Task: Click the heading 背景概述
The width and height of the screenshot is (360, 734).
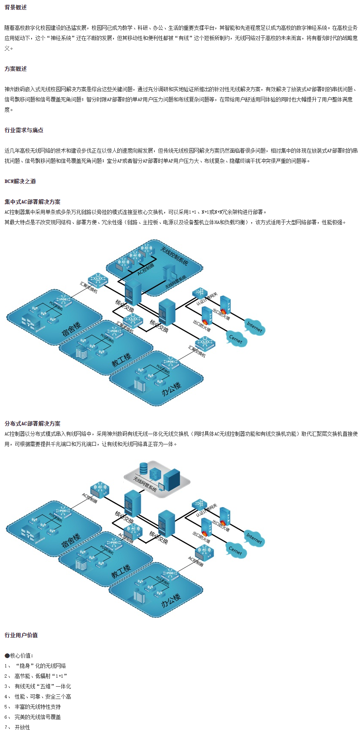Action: tap(16, 7)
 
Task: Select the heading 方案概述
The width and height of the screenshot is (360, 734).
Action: tap(16, 69)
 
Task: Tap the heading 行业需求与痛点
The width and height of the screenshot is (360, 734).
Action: tap(24, 130)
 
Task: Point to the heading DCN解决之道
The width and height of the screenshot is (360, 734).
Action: tap(20, 181)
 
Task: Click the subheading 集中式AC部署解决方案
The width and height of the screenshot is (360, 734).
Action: tap(32, 202)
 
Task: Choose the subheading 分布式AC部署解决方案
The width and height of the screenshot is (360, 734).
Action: tap(32, 424)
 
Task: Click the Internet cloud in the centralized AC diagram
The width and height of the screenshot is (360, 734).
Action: tap(254, 327)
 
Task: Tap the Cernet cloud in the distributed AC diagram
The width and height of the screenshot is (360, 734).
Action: tap(235, 550)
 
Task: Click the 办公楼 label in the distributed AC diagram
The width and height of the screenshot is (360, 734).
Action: tap(171, 601)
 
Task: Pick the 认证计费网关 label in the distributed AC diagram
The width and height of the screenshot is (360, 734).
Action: tap(206, 511)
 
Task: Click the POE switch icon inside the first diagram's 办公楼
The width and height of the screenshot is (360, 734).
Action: tap(171, 363)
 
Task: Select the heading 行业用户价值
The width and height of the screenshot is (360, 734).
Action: tap(21, 635)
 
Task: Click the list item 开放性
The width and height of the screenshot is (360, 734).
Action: tap(22, 727)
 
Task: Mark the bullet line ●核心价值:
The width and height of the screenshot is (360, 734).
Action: tap(19, 656)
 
